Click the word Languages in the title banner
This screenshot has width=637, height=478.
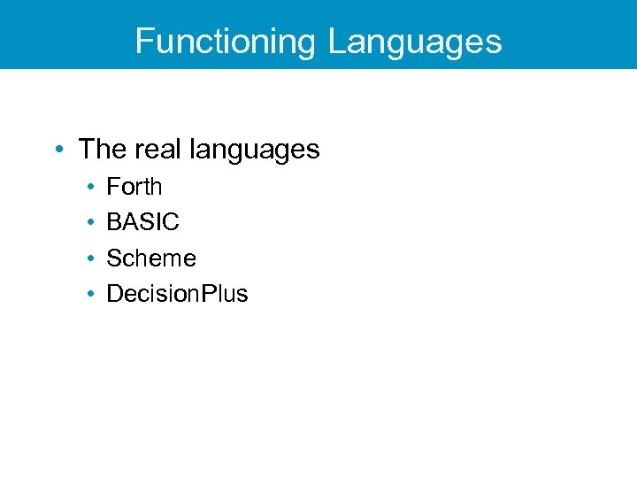point(415,42)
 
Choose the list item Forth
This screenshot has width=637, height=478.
point(134,187)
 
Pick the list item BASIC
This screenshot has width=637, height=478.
point(142,222)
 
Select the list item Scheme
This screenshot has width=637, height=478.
point(151,258)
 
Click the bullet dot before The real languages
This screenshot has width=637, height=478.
point(58,150)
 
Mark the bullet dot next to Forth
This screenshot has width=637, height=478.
point(91,188)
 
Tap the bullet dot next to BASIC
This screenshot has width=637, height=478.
point(91,223)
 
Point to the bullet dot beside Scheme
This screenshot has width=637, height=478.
point(91,259)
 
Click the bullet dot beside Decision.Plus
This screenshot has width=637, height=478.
point(91,295)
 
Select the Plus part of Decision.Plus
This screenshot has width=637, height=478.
point(225,294)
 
